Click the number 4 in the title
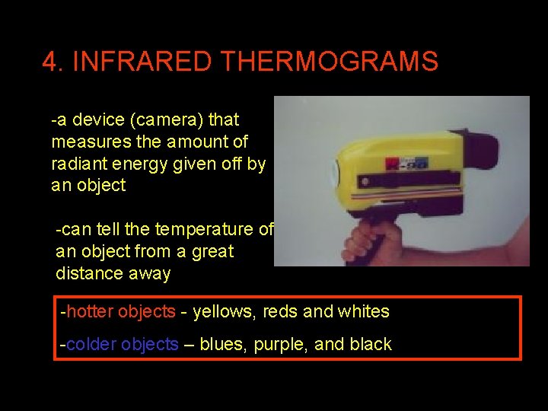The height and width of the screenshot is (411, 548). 51,62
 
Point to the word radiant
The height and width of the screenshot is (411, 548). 78,164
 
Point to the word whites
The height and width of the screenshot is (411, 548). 362,311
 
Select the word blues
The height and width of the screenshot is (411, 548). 223,344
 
